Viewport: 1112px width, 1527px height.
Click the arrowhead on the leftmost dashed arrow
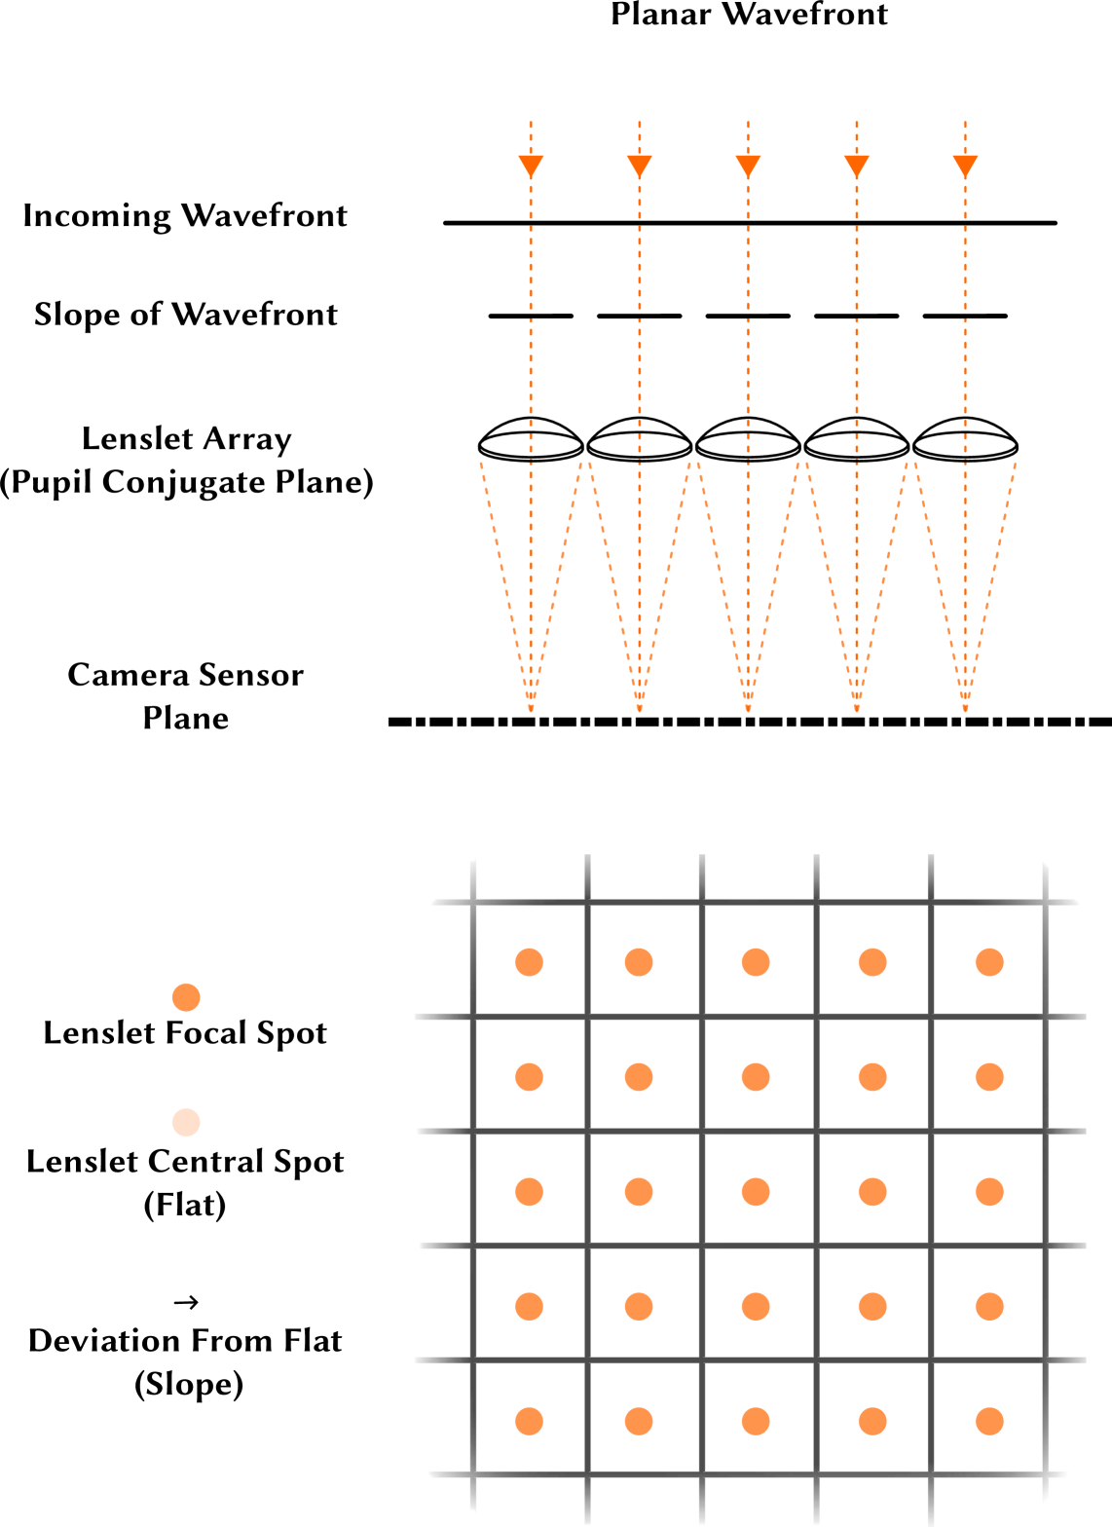(531, 167)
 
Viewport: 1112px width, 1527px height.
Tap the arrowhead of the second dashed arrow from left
(639, 167)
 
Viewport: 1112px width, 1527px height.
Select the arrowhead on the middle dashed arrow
(748, 167)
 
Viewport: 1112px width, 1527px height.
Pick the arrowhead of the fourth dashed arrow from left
(856, 167)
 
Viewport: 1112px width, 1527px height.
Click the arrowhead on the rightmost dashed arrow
(965, 167)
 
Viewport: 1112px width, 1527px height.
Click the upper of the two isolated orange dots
(186, 997)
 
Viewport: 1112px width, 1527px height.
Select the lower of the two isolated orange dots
(186, 1122)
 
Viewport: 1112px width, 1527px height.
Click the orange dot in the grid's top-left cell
(529, 962)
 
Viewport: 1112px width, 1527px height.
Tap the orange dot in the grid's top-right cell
(989, 962)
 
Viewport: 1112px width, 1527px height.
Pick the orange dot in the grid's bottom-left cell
(529, 1421)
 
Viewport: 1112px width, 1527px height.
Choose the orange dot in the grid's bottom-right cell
(989, 1421)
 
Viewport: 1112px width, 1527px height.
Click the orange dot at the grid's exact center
(756, 1192)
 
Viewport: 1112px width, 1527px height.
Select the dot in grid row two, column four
(872, 1077)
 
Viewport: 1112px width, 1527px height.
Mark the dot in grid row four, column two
(639, 1306)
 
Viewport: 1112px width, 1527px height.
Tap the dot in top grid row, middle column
(756, 962)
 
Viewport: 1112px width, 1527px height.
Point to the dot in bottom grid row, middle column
(756, 1421)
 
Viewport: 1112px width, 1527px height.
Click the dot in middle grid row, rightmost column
(989, 1192)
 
